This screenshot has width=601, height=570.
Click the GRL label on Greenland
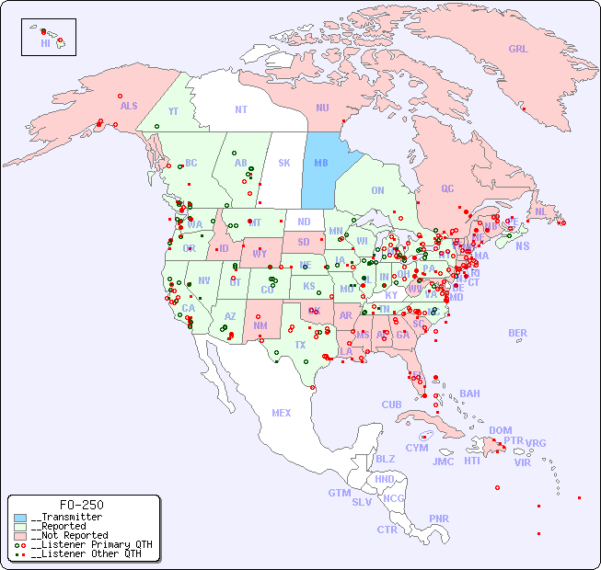click(518, 50)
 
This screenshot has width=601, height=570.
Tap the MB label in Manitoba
click(321, 163)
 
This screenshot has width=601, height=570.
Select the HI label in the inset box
click(45, 43)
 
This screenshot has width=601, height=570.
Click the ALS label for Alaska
click(129, 107)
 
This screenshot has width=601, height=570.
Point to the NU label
click(322, 108)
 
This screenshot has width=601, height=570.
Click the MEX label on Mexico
click(282, 413)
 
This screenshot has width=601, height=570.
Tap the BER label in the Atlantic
click(517, 333)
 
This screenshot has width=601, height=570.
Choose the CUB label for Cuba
click(392, 405)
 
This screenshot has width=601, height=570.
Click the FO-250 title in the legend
click(81, 505)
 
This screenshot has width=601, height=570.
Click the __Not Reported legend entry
click(68, 535)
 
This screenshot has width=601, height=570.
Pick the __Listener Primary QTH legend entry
click(86, 544)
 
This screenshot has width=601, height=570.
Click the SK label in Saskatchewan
click(284, 163)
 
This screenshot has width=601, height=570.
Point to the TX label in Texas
click(300, 345)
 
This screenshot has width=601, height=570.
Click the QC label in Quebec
click(447, 188)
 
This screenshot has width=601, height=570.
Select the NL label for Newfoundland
click(541, 211)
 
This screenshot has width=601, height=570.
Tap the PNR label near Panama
click(439, 519)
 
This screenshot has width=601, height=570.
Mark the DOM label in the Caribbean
click(500, 430)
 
